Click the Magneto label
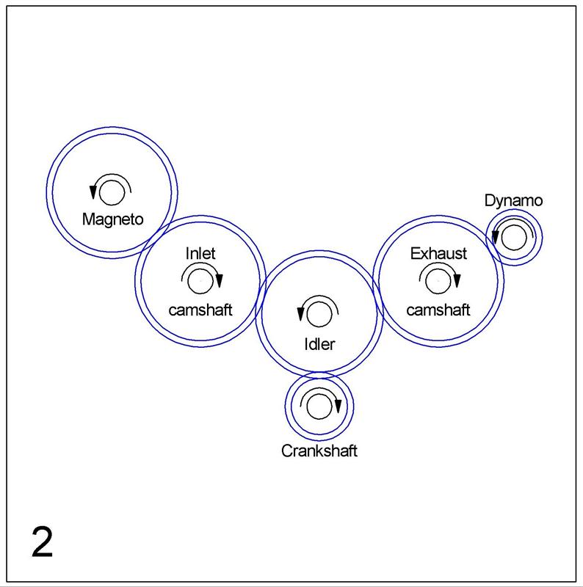[x=113, y=219]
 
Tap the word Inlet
[x=200, y=253]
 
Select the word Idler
[x=319, y=344]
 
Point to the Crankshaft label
[x=319, y=451]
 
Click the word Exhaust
[x=438, y=253]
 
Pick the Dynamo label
[x=513, y=200]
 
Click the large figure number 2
[x=42, y=542]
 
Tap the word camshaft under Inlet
[x=200, y=310]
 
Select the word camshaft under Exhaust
[x=438, y=310]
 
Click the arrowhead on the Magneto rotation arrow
[x=93, y=192]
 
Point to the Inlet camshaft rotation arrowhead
[x=220, y=281]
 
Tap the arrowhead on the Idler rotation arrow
[x=300, y=314]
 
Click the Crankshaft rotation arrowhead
[x=338, y=406]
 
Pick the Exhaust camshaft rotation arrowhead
[x=457, y=281]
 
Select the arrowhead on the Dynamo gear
[x=495, y=237]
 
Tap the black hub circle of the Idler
[x=319, y=302]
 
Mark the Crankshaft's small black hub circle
[x=319, y=394]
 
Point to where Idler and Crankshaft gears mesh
[x=319, y=375]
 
